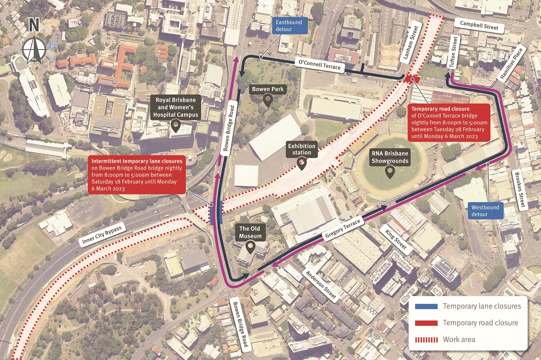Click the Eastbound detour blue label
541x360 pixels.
pyautogui.click(x=290, y=26)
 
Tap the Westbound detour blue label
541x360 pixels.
pyautogui.click(x=485, y=211)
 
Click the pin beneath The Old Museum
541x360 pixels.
pyautogui.click(x=250, y=247)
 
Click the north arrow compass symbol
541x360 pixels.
pyautogui.click(x=34, y=43)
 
